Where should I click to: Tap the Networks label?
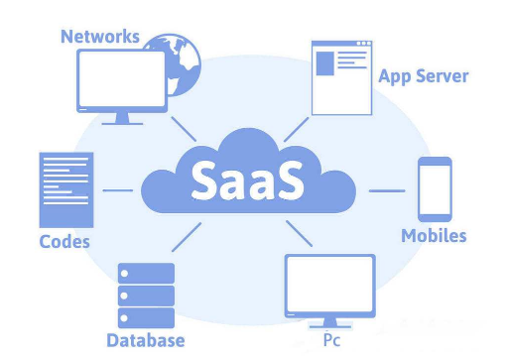tap(99, 37)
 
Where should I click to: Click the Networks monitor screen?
tap(121, 79)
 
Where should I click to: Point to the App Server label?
tap(423, 76)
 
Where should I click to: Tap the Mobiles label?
tap(434, 236)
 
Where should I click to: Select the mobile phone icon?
tap(434, 188)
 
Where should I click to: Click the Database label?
tap(145, 340)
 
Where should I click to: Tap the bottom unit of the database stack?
tap(146, 316)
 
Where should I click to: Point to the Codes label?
tap(64, 241)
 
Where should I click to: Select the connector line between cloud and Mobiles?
tap(387, 188)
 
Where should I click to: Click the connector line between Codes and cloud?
tap(118, 188)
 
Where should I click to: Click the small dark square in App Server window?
tap(325, 63)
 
